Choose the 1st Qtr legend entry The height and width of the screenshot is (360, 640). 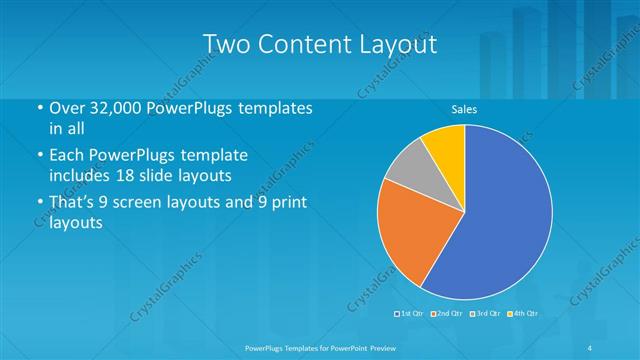(412, 314)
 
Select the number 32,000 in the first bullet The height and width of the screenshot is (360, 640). (114, 108)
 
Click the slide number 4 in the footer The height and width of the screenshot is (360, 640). (590, 347)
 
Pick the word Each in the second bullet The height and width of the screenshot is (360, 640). (66, 156)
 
